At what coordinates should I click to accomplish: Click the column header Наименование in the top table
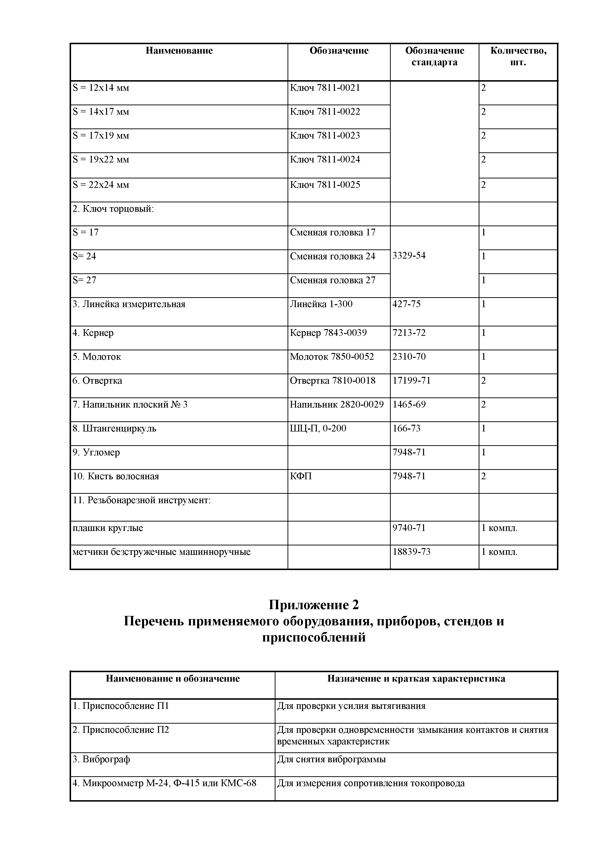tap(179, 50)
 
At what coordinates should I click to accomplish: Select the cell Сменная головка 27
tap(332, 280)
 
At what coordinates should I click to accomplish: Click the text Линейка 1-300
tap(321, 304)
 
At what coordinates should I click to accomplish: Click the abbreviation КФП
tap(301, 476)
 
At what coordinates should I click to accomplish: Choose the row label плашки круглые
tap(108, 528)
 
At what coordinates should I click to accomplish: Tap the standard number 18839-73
tap(411, 552)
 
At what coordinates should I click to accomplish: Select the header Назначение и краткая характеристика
tap(416, 678)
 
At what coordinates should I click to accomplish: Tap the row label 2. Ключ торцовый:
tap(113, 209)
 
